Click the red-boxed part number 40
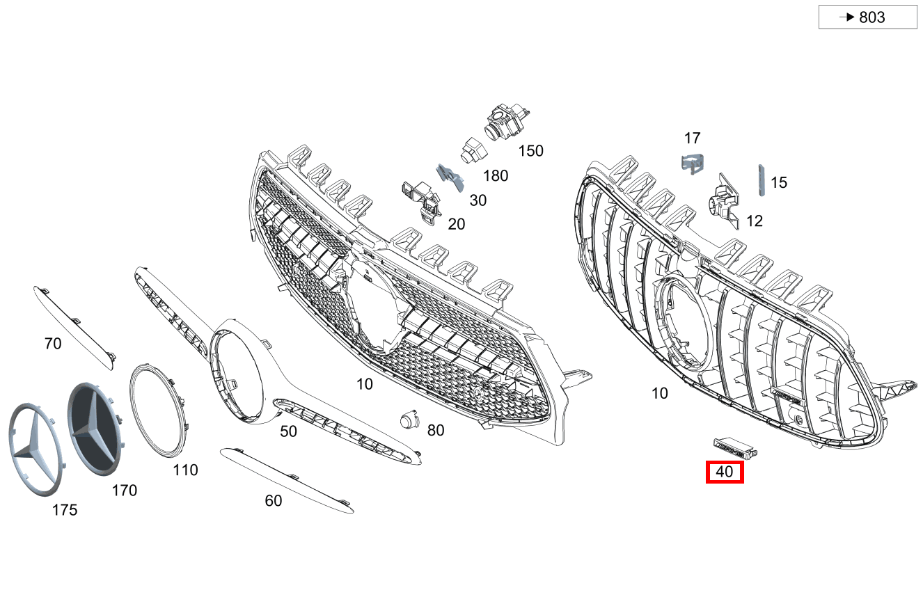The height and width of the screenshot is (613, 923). coord(725,472)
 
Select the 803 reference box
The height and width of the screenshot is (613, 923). coord(868,17)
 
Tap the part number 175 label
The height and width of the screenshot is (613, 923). coord(65,510)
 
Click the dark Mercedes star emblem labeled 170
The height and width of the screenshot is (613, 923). coord(95,429)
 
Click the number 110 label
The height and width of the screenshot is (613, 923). coord(185,470)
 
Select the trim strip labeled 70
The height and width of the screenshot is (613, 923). coord(75,328)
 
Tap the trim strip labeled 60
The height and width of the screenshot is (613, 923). coord(287,481)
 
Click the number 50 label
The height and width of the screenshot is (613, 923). coord(288,431)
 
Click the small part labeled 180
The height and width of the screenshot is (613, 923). coord(474,151)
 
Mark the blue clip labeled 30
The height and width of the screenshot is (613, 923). coord(450,178)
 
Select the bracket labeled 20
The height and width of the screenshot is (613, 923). coord(422,202)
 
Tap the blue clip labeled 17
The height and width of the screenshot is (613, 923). coord(693,164)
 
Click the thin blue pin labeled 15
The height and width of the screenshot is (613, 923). coord(762,180)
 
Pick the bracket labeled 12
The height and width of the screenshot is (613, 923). coord(725,200)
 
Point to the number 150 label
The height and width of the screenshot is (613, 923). coord(530,151)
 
